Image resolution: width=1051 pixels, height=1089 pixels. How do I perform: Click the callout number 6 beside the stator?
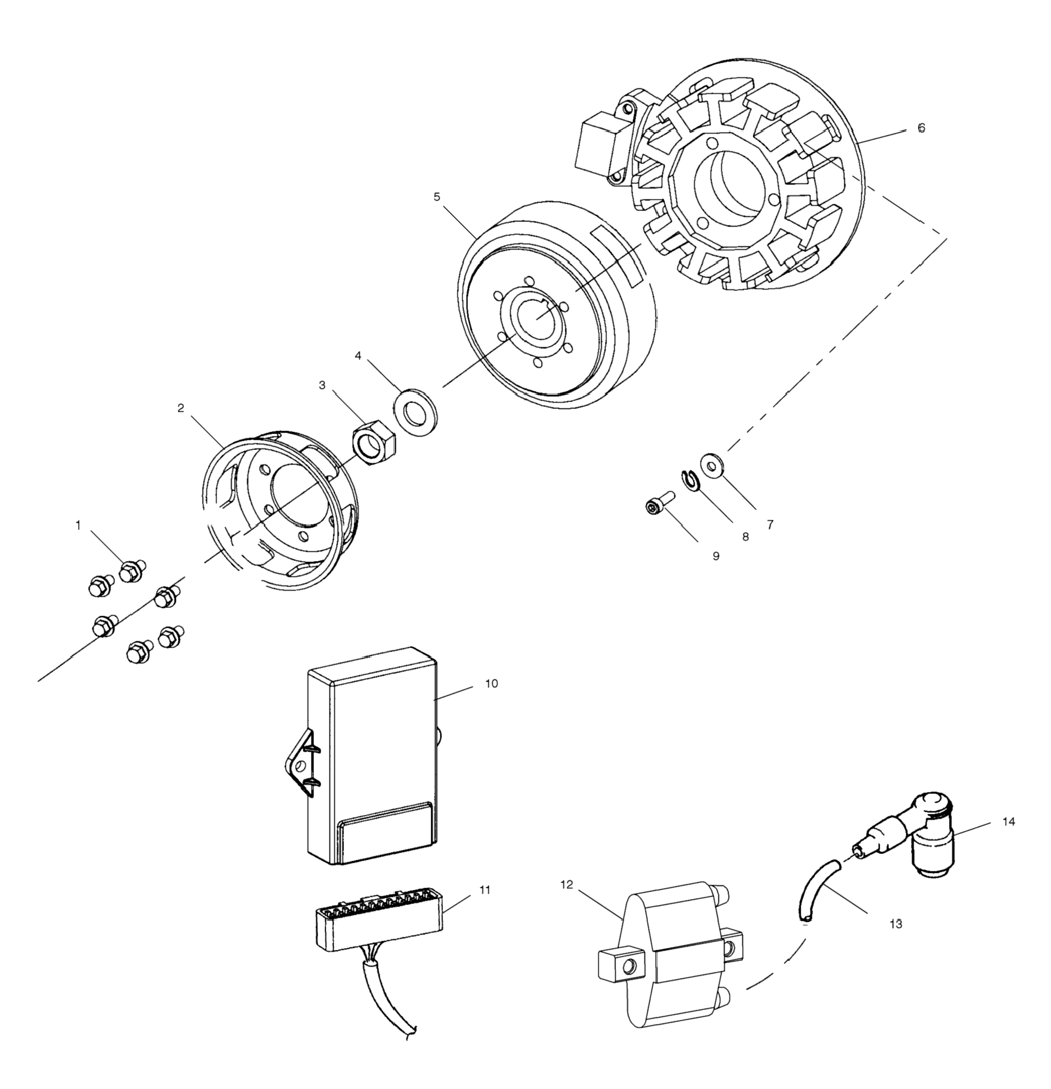point(921,128)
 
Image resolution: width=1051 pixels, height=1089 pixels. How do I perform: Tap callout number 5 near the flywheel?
point(437,197)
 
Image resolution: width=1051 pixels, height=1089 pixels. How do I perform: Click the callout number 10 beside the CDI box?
point(491,683)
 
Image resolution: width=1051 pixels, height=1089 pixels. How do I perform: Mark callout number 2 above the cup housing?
point(180,408)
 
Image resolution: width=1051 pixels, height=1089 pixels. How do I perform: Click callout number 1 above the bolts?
point(78,525)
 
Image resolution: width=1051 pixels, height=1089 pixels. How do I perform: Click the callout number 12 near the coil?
point(566,885)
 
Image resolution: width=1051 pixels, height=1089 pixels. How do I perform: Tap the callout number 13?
point(896,924)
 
